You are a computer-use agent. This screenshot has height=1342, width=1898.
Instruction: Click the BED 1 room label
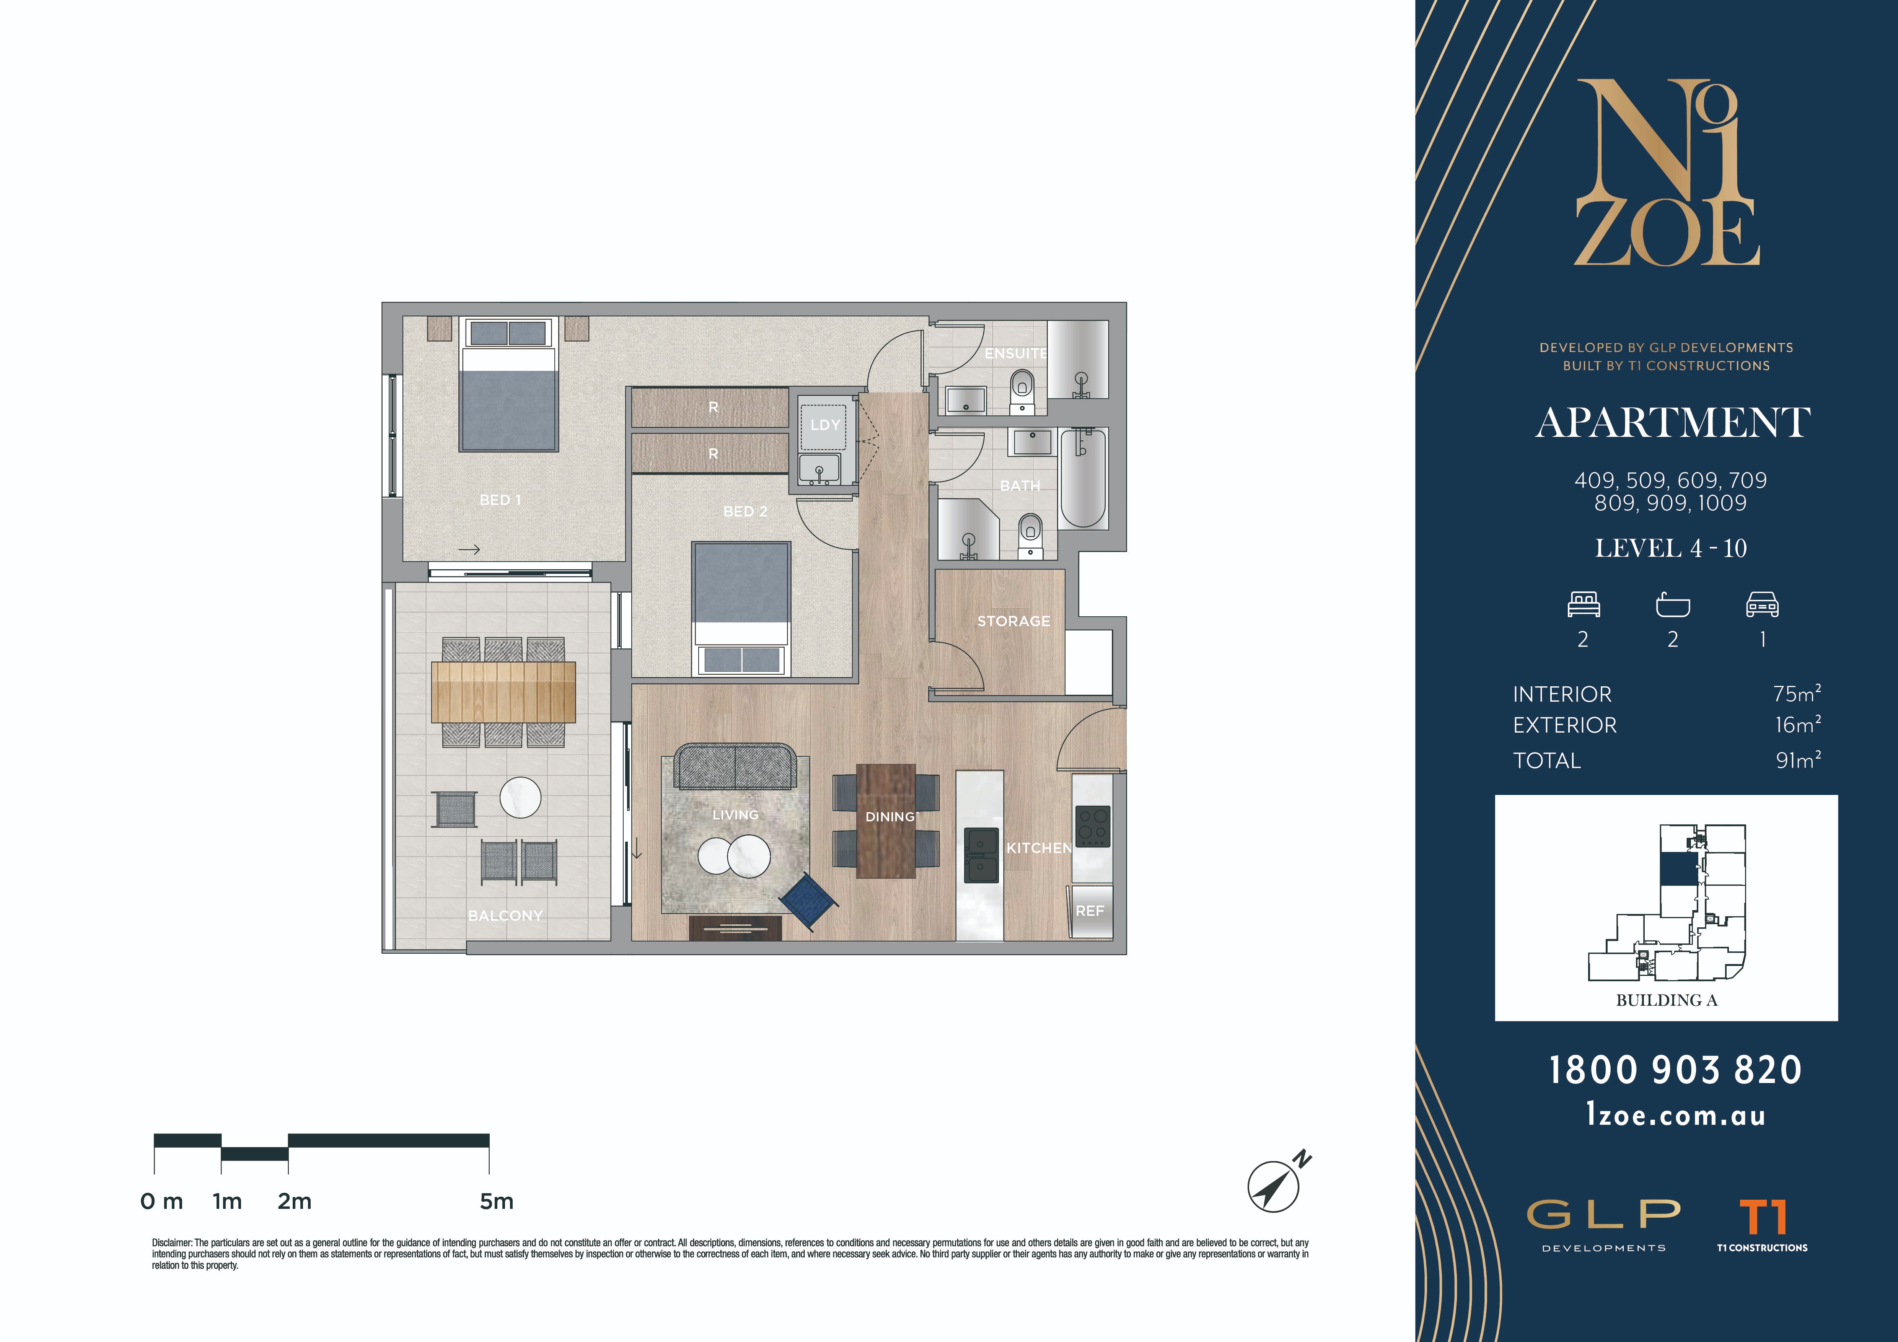pyautogui.click(x=500, y=500)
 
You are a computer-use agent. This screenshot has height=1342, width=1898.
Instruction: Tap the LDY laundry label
pyautogui.click(x=825, y=425)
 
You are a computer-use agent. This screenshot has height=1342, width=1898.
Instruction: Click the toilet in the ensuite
pyautogui.click(x=1023, y=391)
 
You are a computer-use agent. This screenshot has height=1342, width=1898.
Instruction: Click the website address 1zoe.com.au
pyautogui.click(x=1676, y=1116)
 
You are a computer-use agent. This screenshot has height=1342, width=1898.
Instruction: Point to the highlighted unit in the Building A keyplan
pyautogui.click(x=1677, y=868)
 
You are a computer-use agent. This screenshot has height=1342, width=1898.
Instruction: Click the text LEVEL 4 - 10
pyautogui.click(x=1671, y=548)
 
